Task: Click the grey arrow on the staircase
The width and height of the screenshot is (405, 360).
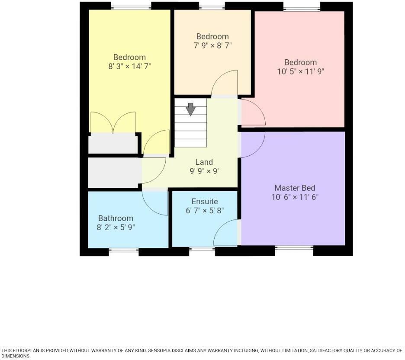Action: [190, 109]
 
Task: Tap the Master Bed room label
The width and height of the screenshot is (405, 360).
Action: [295, 188]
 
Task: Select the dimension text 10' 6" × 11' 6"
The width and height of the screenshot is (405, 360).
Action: [295, 197]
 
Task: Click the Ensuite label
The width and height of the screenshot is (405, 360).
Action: [205, 202]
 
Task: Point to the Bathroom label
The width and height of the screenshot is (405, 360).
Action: [116, 218]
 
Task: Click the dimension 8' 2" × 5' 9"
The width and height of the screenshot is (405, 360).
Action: [116, 227]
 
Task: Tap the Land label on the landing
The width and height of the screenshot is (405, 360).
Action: [204, 162]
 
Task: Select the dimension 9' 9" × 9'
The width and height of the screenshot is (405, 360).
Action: [204, 171]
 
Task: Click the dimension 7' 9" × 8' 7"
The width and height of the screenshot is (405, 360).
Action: [212, 45]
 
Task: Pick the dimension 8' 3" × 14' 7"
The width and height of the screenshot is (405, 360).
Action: [129, 66]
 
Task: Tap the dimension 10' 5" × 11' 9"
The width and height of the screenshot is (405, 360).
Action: [300, 71]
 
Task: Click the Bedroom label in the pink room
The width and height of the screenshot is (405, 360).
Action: [300, 62]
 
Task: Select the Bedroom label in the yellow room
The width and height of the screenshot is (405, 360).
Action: [129, 57]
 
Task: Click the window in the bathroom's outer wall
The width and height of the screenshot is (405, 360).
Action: [124, 250]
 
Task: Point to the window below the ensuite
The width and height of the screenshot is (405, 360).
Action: [202, 249]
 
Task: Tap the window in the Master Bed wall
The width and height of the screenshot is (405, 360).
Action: [294, 248]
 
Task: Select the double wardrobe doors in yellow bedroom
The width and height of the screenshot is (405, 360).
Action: [113, 122]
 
